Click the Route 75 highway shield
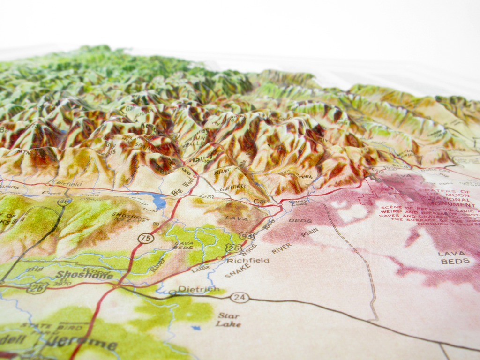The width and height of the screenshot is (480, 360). tap(146, 238)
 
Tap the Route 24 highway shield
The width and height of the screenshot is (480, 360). tap(240, 297)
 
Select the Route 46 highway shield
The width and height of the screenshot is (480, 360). tap(64, 202)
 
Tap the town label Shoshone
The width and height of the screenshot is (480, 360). tap(84, 275)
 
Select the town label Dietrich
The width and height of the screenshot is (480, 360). tap(199, 289)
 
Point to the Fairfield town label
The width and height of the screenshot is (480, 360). tap(66, 184)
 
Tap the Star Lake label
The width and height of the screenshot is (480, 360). tap(228, 320)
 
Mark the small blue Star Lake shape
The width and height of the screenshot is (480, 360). tap(196, 328)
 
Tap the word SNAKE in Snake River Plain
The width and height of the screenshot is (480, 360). tap(237, 270)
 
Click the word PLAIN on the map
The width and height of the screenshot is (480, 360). tap(310, 232)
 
